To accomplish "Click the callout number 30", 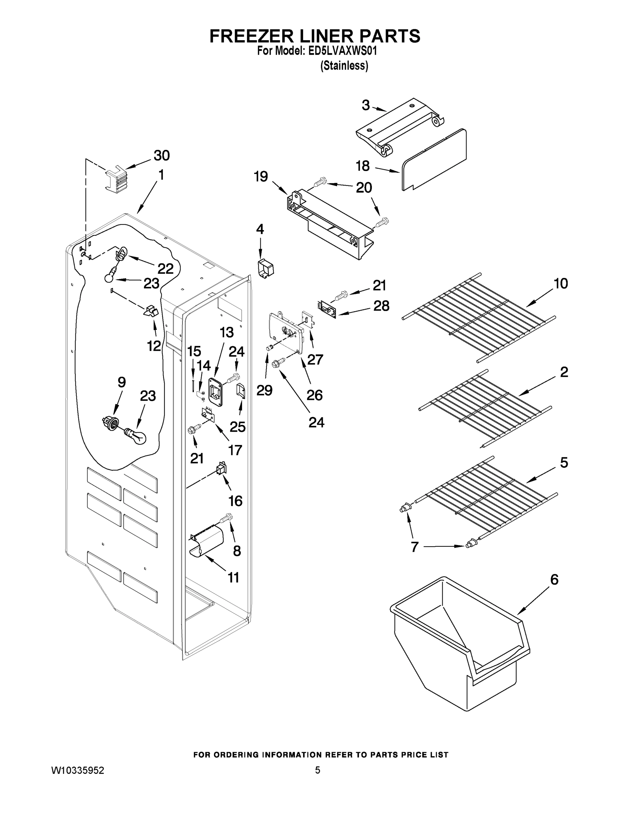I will tap(162, 155).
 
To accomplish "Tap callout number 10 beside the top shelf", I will tap(561, 284).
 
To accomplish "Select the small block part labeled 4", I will tap(266, 269).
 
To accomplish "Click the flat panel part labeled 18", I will tap(435, 159).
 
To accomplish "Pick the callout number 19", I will tap(261, 176).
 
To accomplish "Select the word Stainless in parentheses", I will tap(344, 66).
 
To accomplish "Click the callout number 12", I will tap(154, 346).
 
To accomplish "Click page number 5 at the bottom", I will tap(317, 771).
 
